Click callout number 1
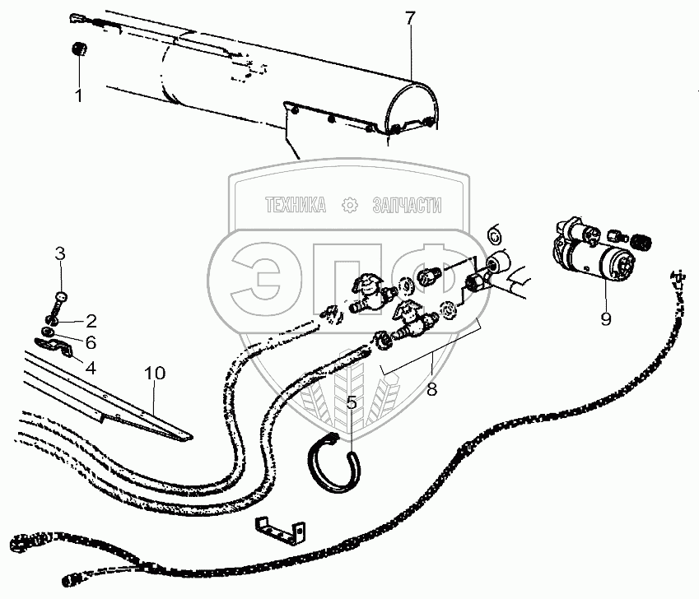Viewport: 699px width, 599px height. pyautogui.click(x=79, y=95)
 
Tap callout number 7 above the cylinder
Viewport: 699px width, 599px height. pyautogui.click(x=410, y=16)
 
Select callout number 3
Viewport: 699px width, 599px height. pyautogui.click(x=59, y=253)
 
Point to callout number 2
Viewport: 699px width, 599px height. pyautogui.click(x=91, y=319)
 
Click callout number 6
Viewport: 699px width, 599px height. pyautogui.click(x=91, y=341)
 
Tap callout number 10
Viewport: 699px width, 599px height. pyautogui.click(x=155, y=373)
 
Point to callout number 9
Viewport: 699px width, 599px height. pyautogui.click(x=605, y=318)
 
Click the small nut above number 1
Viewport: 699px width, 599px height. pyautogui.click(x=79, y=50)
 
